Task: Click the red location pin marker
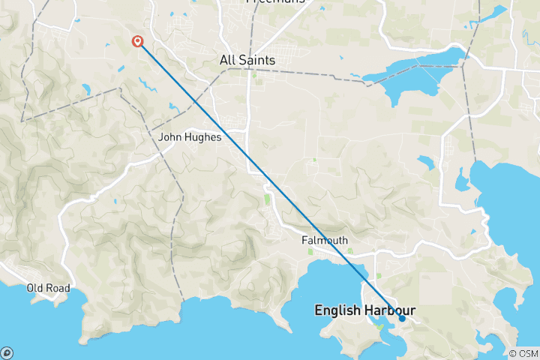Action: pyautogui.click(x=138, y=41)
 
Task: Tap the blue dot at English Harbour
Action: pyautogui.click(x=402, y=318)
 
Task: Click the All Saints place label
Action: pyautogui.click(x=247, y=60)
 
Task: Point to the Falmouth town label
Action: pyautogui.click(x=324, y=240)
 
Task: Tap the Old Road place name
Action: pyautogui.click(x=48, y=288)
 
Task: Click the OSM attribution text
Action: pyautogui.click(x=526, y=353)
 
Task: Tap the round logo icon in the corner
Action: pyautogui.click(x=7, y=352)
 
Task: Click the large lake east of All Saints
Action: pyautogui.click(x=416, y=71)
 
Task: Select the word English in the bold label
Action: pyautogui.click(x=338, y=309)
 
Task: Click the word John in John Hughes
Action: pyautogui.click(x=170, y=137)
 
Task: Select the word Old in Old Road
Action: pyautogui.click(x=35, y=288)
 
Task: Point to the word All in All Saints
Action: pyautogui.click(x=227, y=60)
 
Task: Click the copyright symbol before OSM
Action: pyautogui.click(x=512, y=353)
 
